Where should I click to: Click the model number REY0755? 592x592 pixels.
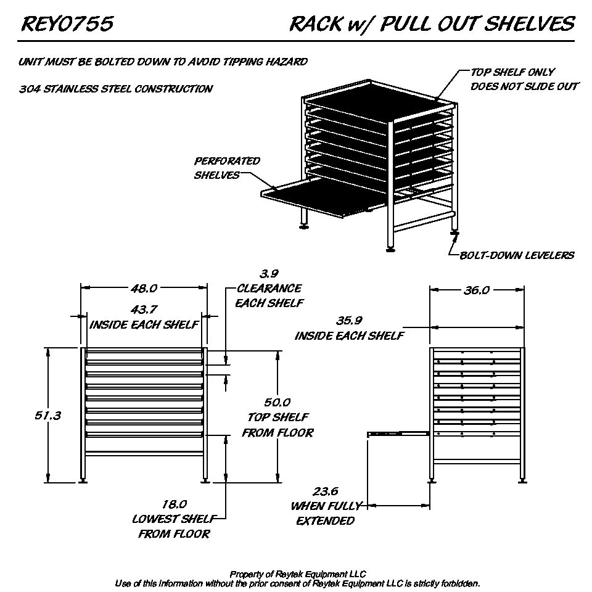[67, 24]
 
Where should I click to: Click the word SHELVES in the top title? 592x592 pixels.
[528, 24]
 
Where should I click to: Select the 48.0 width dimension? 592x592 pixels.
[143, 288]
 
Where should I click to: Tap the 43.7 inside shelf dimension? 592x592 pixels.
[143, 310]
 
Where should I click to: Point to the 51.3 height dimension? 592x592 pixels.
[47, 416]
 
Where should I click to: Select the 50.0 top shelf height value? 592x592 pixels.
[277, 403]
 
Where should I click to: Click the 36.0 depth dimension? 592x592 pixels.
[477, 290]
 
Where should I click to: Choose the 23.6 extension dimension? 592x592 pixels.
[326, 491]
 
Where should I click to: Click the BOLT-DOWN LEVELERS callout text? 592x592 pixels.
[517, 255]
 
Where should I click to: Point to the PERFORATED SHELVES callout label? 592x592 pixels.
[227, 168]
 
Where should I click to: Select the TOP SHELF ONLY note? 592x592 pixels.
[512, 72]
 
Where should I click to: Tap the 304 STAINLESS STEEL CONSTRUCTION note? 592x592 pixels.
[116, 89]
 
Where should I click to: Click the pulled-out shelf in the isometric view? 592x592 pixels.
[321, 197]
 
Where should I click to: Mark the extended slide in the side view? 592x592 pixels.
[398, 434]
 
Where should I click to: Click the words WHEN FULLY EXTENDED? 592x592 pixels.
[326, 513]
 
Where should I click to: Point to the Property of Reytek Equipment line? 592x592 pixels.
[297, 574]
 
